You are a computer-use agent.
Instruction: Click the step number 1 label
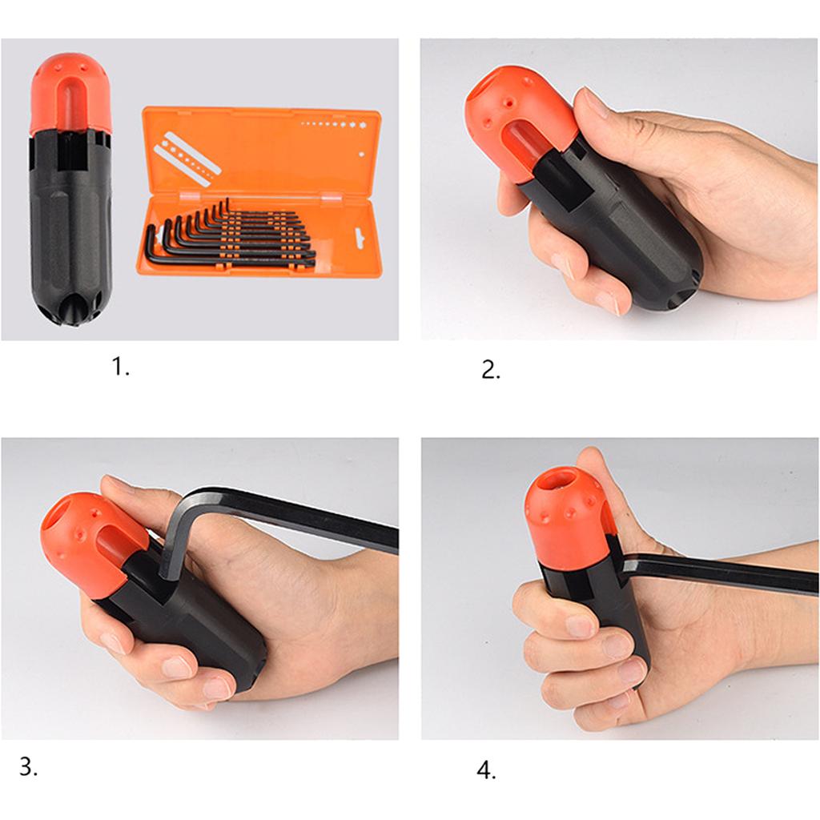coord(120,368)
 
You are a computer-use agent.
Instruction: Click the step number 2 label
coord(490,370)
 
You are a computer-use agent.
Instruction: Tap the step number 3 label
coord(28,766)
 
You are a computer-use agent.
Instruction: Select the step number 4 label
coord(486,770)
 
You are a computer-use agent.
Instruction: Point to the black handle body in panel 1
coord(70,232)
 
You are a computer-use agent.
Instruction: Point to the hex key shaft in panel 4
coord(721,574)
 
